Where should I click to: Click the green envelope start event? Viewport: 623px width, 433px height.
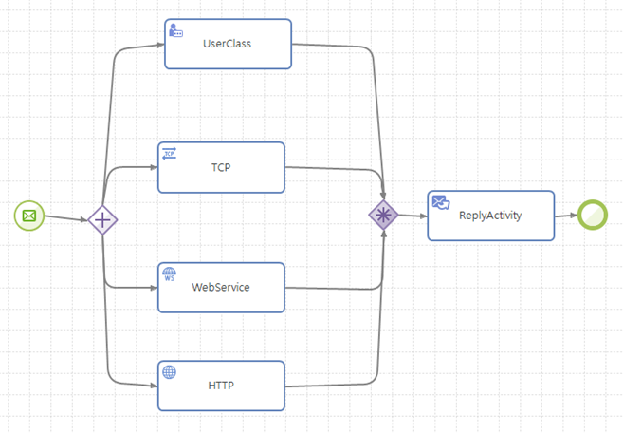(29, 216)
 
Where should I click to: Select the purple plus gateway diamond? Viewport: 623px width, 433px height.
(102, 220)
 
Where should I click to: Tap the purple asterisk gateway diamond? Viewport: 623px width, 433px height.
(383, 216)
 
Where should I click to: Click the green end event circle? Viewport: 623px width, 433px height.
(594, 215)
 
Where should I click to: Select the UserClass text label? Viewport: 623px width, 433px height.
(228, 44)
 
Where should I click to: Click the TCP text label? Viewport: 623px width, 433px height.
(221, 167)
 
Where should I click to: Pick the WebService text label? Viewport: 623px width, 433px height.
(221, 287)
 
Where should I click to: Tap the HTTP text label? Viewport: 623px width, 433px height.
(221, 386)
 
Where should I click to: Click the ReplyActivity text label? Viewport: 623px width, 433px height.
(490, 216)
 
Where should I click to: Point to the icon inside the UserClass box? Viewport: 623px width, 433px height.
(175, 30)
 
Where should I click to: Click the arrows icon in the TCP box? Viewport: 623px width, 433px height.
(170, 153)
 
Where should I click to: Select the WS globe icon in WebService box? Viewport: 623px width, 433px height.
(170, 273)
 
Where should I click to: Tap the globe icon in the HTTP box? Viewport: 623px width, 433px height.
(170, 372)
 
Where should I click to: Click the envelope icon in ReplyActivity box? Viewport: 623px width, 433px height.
(440, 202)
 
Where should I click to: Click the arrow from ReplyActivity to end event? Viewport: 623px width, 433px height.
(566, 216)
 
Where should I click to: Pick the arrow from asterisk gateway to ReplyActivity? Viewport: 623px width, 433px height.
(412, 216)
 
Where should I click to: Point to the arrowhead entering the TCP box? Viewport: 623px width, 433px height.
(152, 167)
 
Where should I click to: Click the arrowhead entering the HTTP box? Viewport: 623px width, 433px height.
(152, 386)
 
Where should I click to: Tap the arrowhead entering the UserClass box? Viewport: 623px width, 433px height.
(158, 44)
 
